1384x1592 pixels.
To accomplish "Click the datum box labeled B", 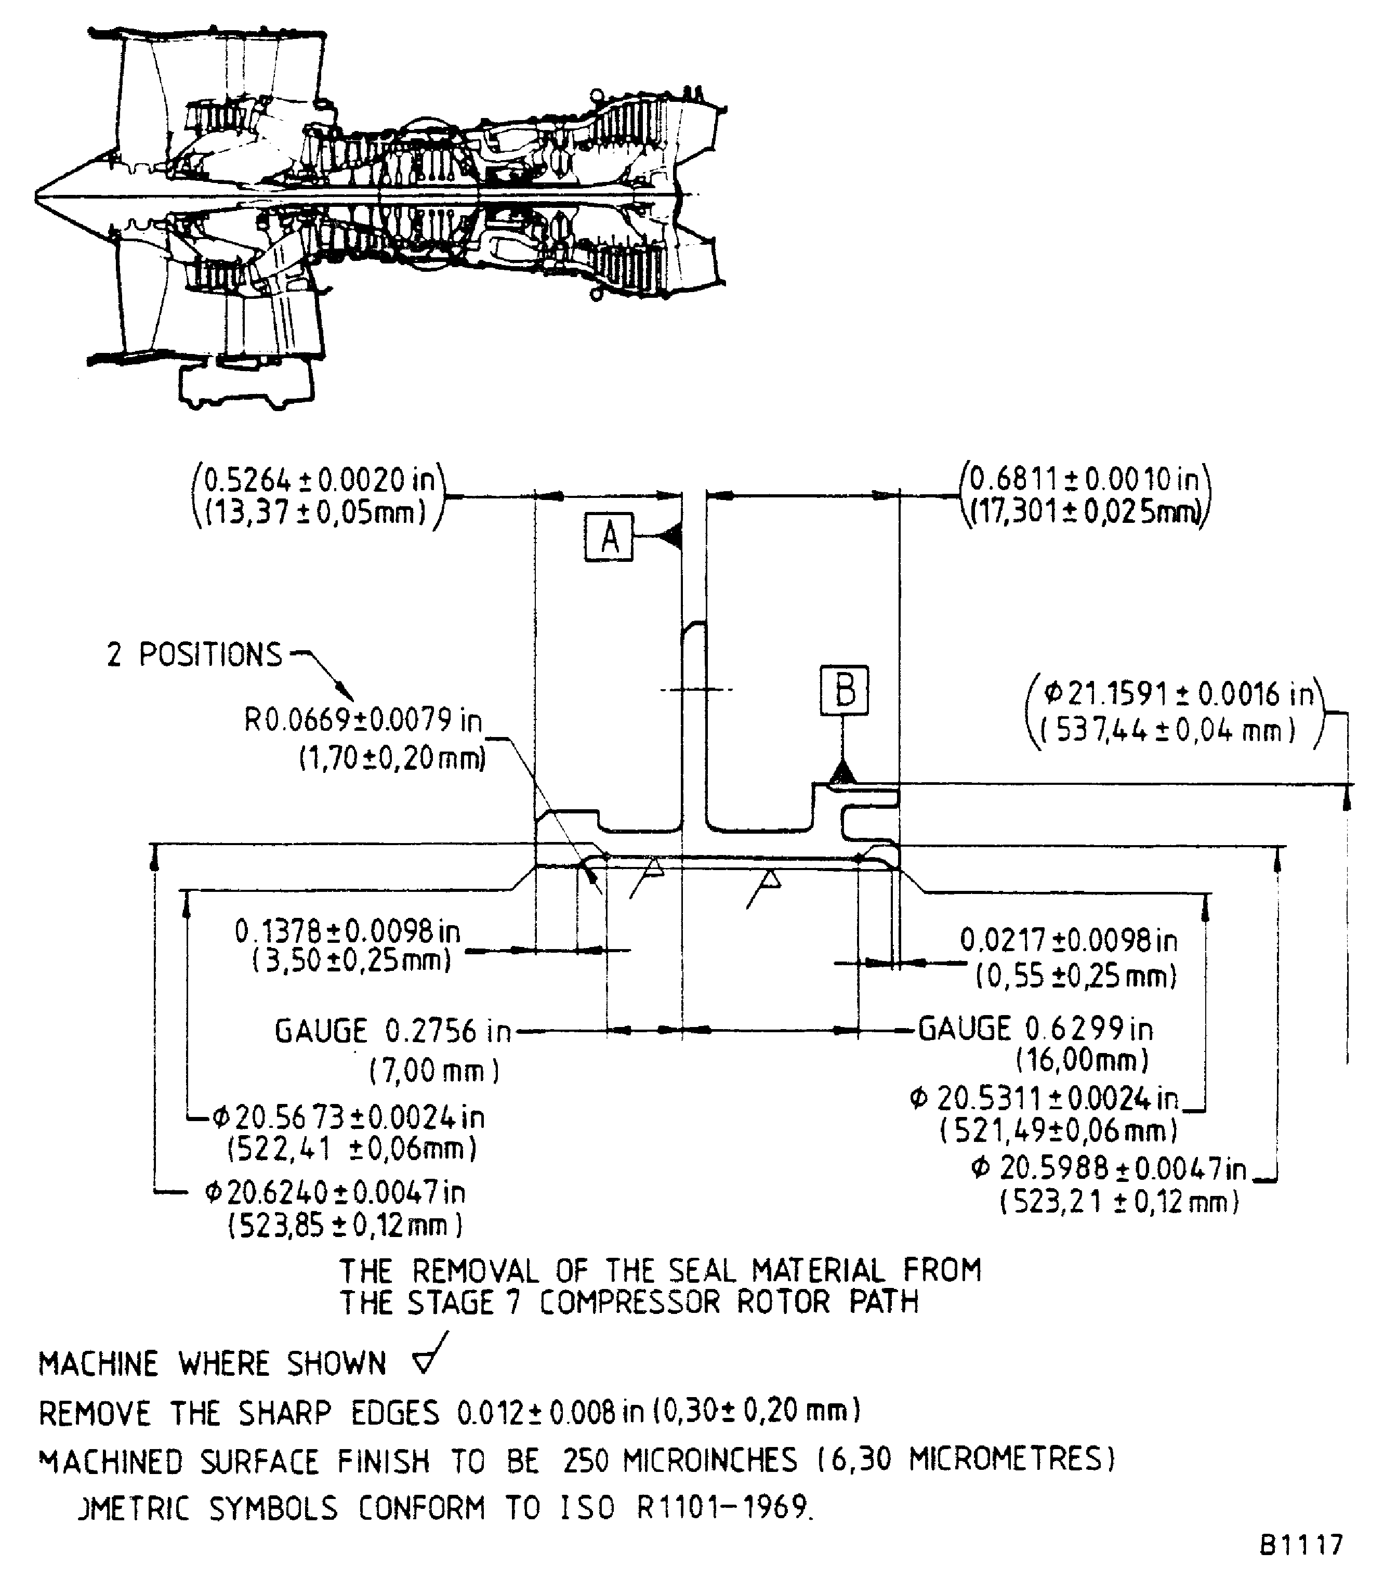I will point(844,689).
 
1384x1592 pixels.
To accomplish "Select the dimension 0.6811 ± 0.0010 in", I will point(1084,480).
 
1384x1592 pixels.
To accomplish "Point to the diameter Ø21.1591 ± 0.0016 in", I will point(1178,694).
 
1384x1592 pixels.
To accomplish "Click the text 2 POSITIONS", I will point(194,654).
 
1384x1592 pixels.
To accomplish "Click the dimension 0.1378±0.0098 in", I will point(348,931).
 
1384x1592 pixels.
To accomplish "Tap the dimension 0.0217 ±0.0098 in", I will point(1068,941).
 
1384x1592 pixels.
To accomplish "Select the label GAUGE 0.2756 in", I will point(392,1031).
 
